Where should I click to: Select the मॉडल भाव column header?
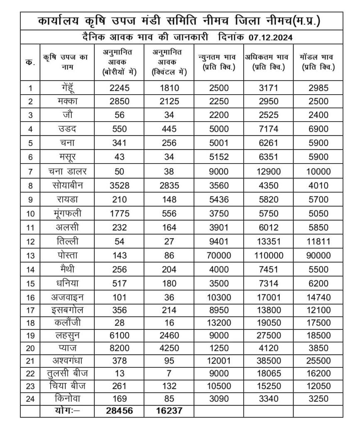pyautogui.click(x=318, y=62)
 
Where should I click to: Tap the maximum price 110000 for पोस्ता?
pyautogui.click(x=268, y=256)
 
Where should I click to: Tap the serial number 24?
pyautogui.click(x=30, y=399)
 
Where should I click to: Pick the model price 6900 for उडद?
pyautogui.click(x=318, y=129)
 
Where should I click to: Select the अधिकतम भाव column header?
pyautogui.click(x=268, y=62)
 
